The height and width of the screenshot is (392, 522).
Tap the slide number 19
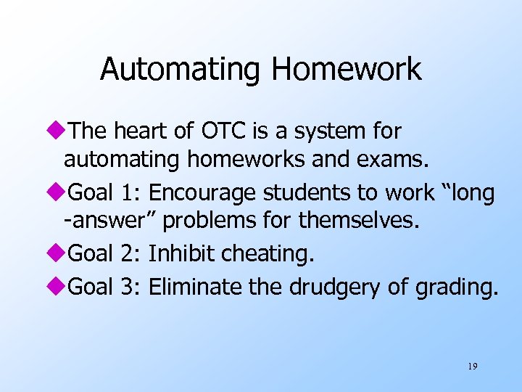pos(472,367)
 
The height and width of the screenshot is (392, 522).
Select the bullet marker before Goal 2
pos(59,253)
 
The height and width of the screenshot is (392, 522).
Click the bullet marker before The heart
pos(59,131)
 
